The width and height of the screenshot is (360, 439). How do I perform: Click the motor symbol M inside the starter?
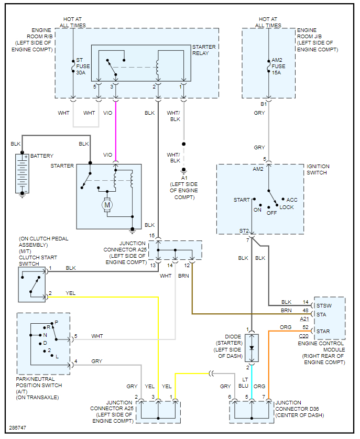[107, 205]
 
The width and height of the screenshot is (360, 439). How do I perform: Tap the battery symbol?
[22, 173]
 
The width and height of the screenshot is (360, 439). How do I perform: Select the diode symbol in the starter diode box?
[252, 348]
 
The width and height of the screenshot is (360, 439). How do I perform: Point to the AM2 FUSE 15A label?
[278, 69]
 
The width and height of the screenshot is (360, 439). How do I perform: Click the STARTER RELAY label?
[204, 50]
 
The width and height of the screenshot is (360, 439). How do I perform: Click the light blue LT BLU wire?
[252, 382]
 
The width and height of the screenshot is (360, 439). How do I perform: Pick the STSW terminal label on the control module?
[323, 305]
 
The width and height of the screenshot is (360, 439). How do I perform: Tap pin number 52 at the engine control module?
[305, 327]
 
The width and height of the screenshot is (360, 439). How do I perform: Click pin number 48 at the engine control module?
[305, 311]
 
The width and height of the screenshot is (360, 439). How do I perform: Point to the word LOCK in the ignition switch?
[287, 207]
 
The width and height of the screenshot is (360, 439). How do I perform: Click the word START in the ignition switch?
[242, 200]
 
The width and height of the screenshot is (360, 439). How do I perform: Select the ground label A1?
[184, 178]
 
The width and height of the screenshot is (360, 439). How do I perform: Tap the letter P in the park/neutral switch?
[56, 323]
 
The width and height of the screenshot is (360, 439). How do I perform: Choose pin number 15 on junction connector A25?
[151, 236]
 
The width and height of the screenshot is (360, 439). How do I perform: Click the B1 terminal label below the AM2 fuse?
[264, 104]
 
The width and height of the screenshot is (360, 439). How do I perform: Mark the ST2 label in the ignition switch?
[244, 231]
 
